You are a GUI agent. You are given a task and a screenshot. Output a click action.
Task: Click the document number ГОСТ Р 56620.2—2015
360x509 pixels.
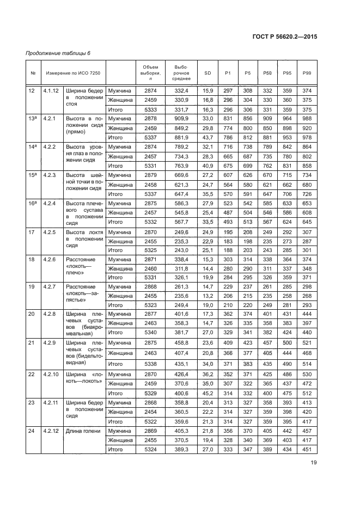pyautogui.click(x=285, y=36)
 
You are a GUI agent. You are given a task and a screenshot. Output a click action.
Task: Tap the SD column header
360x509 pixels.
pyautogui.click(x=208, y=72)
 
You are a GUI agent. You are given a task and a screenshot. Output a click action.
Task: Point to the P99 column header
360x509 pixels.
pyautogui.click(x=307, y=72)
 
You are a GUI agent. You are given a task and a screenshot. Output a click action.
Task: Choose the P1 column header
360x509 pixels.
pyautogui.click(x=228, y=72)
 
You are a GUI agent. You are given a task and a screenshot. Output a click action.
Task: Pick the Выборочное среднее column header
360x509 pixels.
pyautogui.click(x=181, y=72)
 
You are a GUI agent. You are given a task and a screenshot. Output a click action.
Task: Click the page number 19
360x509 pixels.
pyautogui.click(x=313, y=463)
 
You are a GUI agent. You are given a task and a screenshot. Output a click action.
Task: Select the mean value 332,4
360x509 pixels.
pyautogui.click(x=181, y=90)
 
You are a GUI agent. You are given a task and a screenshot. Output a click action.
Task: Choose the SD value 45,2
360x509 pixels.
pyautogui.click(x=208, y=393)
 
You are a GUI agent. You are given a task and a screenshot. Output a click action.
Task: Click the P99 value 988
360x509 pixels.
pyautogui.click(x=307, y=119)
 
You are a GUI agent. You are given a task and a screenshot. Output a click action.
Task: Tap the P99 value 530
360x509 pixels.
pyautogui.click(x=307, y=374)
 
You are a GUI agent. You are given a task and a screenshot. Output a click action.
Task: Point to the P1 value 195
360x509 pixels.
pyautogui.click(x=228, y=232)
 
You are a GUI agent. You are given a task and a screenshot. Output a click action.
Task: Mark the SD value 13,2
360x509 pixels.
pyautogui.click(x=208, y=296)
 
